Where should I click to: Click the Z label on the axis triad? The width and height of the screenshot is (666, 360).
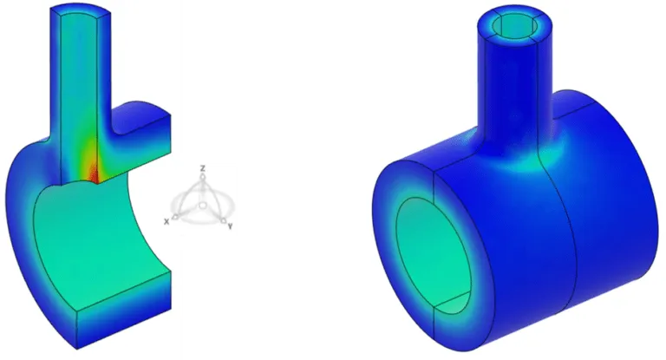click(x=202, y=167)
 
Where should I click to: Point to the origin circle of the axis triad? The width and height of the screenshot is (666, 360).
click(x=201, y=206)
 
